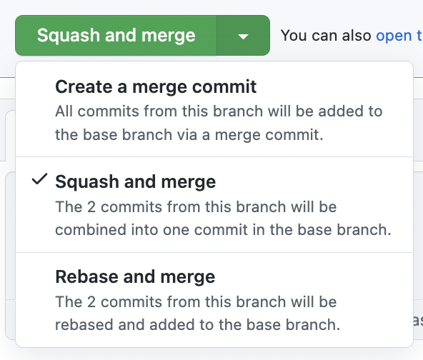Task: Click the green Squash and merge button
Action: pyautogui.click(x=116, y=35)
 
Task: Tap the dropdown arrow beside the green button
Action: pyautogui.click(x=243, y=36)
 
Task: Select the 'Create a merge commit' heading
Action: pyautogui.click(x=156, y=88)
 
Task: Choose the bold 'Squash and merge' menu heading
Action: pyautogui.click(x=135, y=182)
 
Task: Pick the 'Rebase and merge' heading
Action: pyautogui.click(x=135, y=276)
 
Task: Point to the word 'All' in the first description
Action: pyautogui.click(x=66, y=111)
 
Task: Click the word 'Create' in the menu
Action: pyautogui.click(x=80, y=88)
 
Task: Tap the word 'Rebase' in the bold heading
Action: pyautogui.click(x=82, y=276)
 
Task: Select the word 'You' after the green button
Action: pyautogui.click(x=294, y=35)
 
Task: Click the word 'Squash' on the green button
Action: pyautogui.click(x=66, y=35)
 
